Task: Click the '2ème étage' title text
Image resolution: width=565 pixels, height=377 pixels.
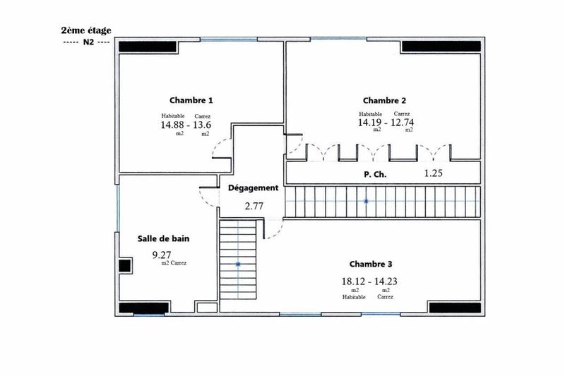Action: (x=86, y=30)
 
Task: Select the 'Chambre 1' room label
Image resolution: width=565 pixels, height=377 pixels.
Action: (x=191, y=100)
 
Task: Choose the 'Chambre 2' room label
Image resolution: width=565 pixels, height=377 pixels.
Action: (x=384, y=100)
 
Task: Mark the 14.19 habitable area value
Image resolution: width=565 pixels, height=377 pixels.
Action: (x=371, y=122)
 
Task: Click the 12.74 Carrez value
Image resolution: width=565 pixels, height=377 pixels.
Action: (x=403, y=122)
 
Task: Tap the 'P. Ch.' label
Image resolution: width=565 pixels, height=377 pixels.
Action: (x=375, y=173)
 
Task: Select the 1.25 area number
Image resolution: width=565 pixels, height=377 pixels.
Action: (x=433, y=173)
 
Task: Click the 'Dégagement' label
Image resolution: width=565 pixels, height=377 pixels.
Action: (x=253, y=189)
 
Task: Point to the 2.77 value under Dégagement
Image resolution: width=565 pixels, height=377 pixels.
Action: (x=254, y=207)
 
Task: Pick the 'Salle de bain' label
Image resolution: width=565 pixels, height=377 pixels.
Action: (x=163, y=238)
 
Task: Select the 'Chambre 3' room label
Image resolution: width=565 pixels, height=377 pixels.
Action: (x=371, y=263)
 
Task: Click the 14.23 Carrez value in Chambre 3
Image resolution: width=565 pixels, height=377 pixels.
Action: (x=385, y=281)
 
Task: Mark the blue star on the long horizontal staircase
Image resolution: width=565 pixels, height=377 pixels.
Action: (x=366, y=202)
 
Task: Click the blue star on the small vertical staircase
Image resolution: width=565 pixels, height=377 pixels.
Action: (x=238, y=265)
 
